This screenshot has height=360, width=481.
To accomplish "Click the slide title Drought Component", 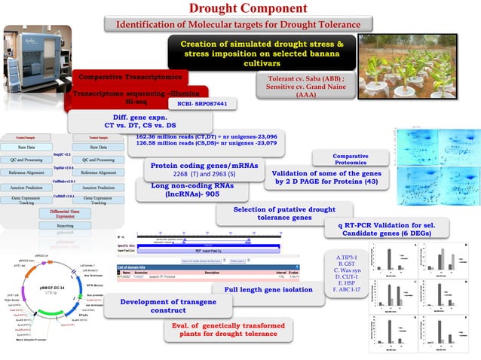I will [240, 9].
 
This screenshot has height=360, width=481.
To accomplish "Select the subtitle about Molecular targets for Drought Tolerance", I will [240, 25].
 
